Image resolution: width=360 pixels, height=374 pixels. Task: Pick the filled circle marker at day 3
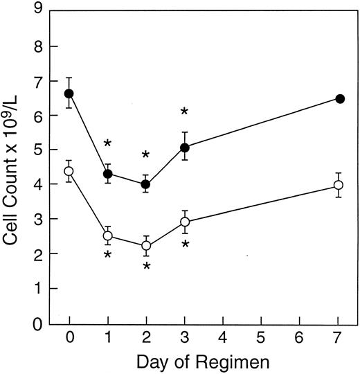tap(185, 148)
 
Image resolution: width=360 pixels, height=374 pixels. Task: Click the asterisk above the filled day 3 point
tap(185, 113)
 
